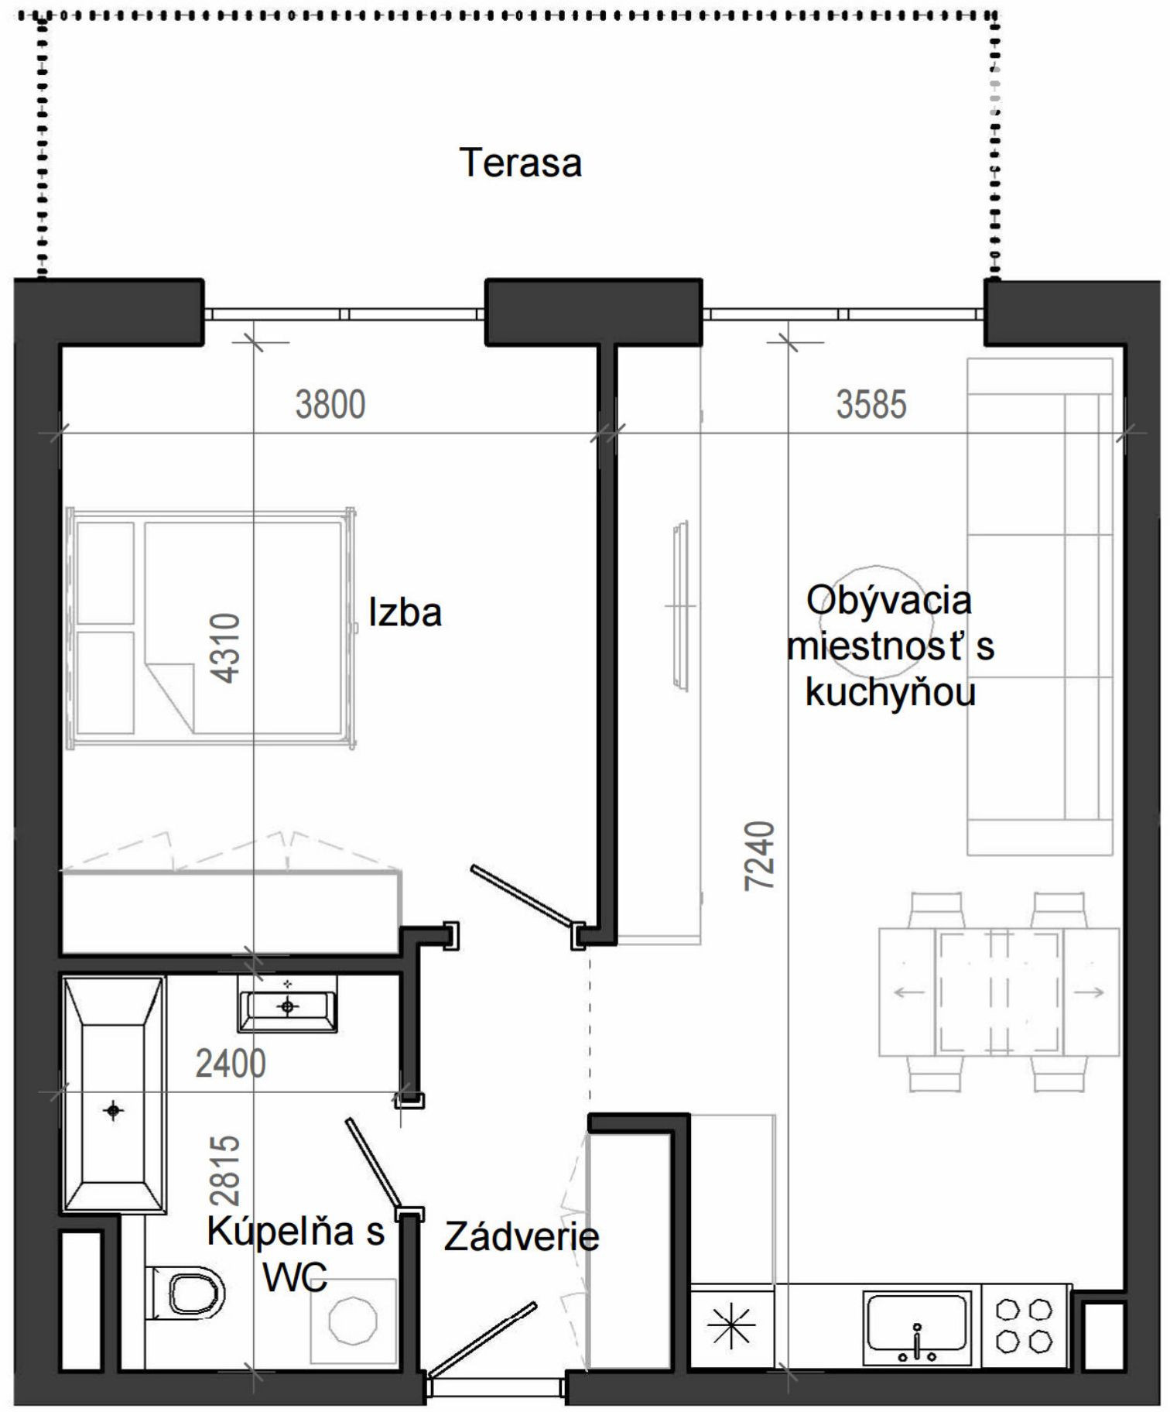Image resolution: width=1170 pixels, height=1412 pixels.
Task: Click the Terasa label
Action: click(521, 163)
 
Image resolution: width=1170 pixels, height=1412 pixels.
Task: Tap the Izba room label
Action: click(405, 612)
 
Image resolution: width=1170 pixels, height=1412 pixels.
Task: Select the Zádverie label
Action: click(522, 1236)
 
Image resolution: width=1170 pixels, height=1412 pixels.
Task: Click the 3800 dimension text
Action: click(330, 405)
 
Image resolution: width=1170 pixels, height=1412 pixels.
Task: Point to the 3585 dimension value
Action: click(871, 405)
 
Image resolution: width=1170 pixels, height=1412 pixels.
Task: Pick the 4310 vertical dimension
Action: click(226, 648)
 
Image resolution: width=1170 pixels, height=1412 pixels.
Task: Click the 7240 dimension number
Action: click(759, 855)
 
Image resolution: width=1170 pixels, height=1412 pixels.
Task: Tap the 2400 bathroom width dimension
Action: click(231, 1064)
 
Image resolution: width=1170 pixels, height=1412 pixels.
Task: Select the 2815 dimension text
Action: click(224, 1170)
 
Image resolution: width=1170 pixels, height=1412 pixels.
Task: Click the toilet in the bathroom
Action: click(186, 1293)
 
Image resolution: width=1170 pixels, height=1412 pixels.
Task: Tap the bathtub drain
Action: click(114, 1111)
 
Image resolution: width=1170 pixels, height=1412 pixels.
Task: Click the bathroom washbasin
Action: click(288, 1005)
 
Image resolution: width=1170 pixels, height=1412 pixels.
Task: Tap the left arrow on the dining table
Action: click(908, 992)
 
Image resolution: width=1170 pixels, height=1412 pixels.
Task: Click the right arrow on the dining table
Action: click(1089, 992)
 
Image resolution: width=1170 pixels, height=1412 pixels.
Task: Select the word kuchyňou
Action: click(891, 692)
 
